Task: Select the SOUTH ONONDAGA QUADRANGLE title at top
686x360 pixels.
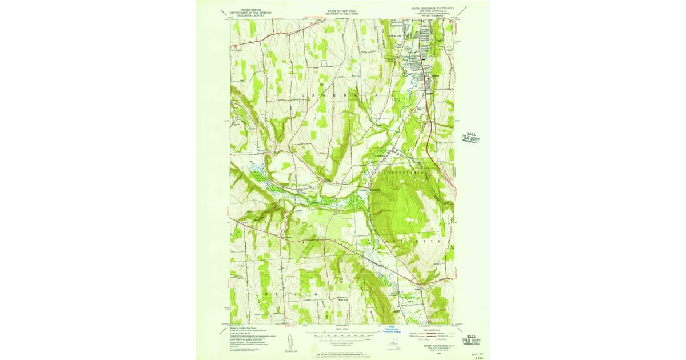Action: [x=428, y=9]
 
